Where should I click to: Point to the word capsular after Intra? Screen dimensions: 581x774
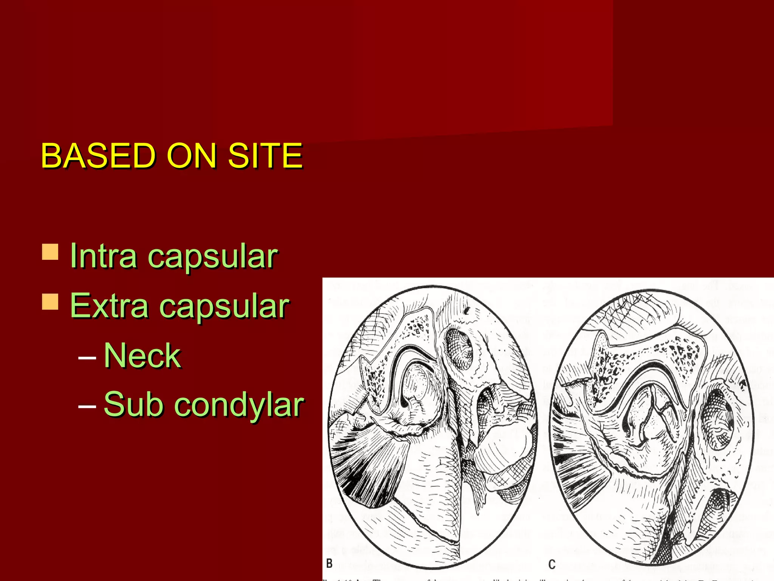coord(212,257)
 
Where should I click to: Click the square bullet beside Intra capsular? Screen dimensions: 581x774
coord(50,252)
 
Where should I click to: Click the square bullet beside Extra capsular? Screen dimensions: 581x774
coord(50,302)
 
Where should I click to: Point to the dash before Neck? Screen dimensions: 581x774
coord(87,357)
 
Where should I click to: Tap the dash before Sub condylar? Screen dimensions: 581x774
coord(87,406)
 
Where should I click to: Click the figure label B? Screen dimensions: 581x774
coord(330,563)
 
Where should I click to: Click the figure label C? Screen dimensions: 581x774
coord(552,564)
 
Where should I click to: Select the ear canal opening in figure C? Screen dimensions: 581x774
coord(716,420)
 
